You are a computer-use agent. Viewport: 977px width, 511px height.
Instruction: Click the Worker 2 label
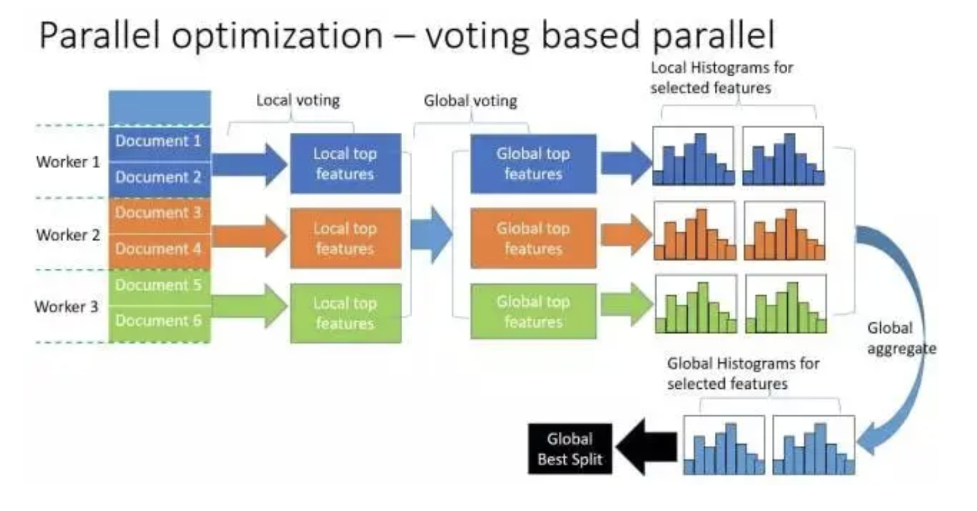click(x=68, y=235)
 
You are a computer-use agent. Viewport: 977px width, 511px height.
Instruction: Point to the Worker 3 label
click(x=66, y=307)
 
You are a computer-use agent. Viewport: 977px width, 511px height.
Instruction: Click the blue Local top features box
click(x=346, y=163)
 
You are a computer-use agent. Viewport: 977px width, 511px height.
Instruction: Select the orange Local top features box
click(x=346, y=238)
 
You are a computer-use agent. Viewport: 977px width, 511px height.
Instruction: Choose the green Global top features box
click(x=534, y=311)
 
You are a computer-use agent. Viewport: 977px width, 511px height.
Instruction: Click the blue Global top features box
click(x=534, y=163)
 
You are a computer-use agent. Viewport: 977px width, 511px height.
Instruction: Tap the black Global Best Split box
click(x=570, y=449)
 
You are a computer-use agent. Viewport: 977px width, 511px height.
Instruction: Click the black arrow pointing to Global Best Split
click(x=646, y=447)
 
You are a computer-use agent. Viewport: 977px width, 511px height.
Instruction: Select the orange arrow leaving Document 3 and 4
click(x=249, y=236)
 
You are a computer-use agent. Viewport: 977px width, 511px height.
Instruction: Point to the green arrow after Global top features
click(x=627, y=304)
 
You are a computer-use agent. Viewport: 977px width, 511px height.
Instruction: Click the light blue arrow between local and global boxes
click(x=431, y=235)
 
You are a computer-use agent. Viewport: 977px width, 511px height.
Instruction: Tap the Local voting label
click(x=298, y=100)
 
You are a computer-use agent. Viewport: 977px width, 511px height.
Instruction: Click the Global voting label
click(x=471, y=101)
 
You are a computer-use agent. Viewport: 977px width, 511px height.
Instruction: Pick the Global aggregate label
click(x=901, y=338)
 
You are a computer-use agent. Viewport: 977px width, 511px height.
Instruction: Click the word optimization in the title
click(x=277, y=36)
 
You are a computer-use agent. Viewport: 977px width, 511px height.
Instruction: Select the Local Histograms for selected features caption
click(x=721, y=78)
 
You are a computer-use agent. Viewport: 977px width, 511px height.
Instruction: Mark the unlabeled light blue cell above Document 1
click(x=160, y=108)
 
